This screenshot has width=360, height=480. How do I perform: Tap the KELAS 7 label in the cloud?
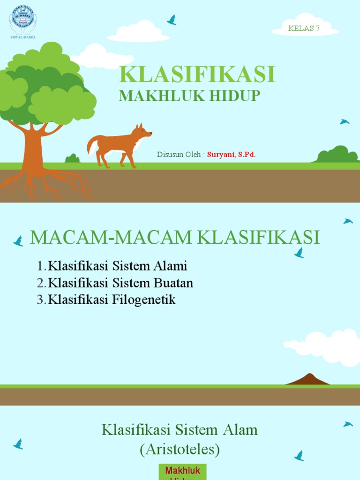[304, 28]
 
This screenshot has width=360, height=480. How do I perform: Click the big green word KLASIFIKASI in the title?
[197, 75]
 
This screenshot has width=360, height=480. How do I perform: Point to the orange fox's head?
[142, 132]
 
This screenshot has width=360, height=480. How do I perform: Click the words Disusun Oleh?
[179, 154]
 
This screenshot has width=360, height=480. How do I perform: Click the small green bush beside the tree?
[72, 158]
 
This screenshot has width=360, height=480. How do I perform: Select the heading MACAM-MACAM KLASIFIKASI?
[175, 238]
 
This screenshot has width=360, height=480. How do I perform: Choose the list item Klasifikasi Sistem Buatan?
[120, 283]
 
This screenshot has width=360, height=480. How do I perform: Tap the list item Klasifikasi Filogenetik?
[112, 300]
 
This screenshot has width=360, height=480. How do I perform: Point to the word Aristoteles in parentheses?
[180, 450]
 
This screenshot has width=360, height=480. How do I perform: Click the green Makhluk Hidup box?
[183, 472]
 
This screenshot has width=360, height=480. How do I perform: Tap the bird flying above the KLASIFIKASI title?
[172, 20]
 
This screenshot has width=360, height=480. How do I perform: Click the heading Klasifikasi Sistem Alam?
[180, 429]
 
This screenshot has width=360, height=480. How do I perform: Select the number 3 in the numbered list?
[40, 300]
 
